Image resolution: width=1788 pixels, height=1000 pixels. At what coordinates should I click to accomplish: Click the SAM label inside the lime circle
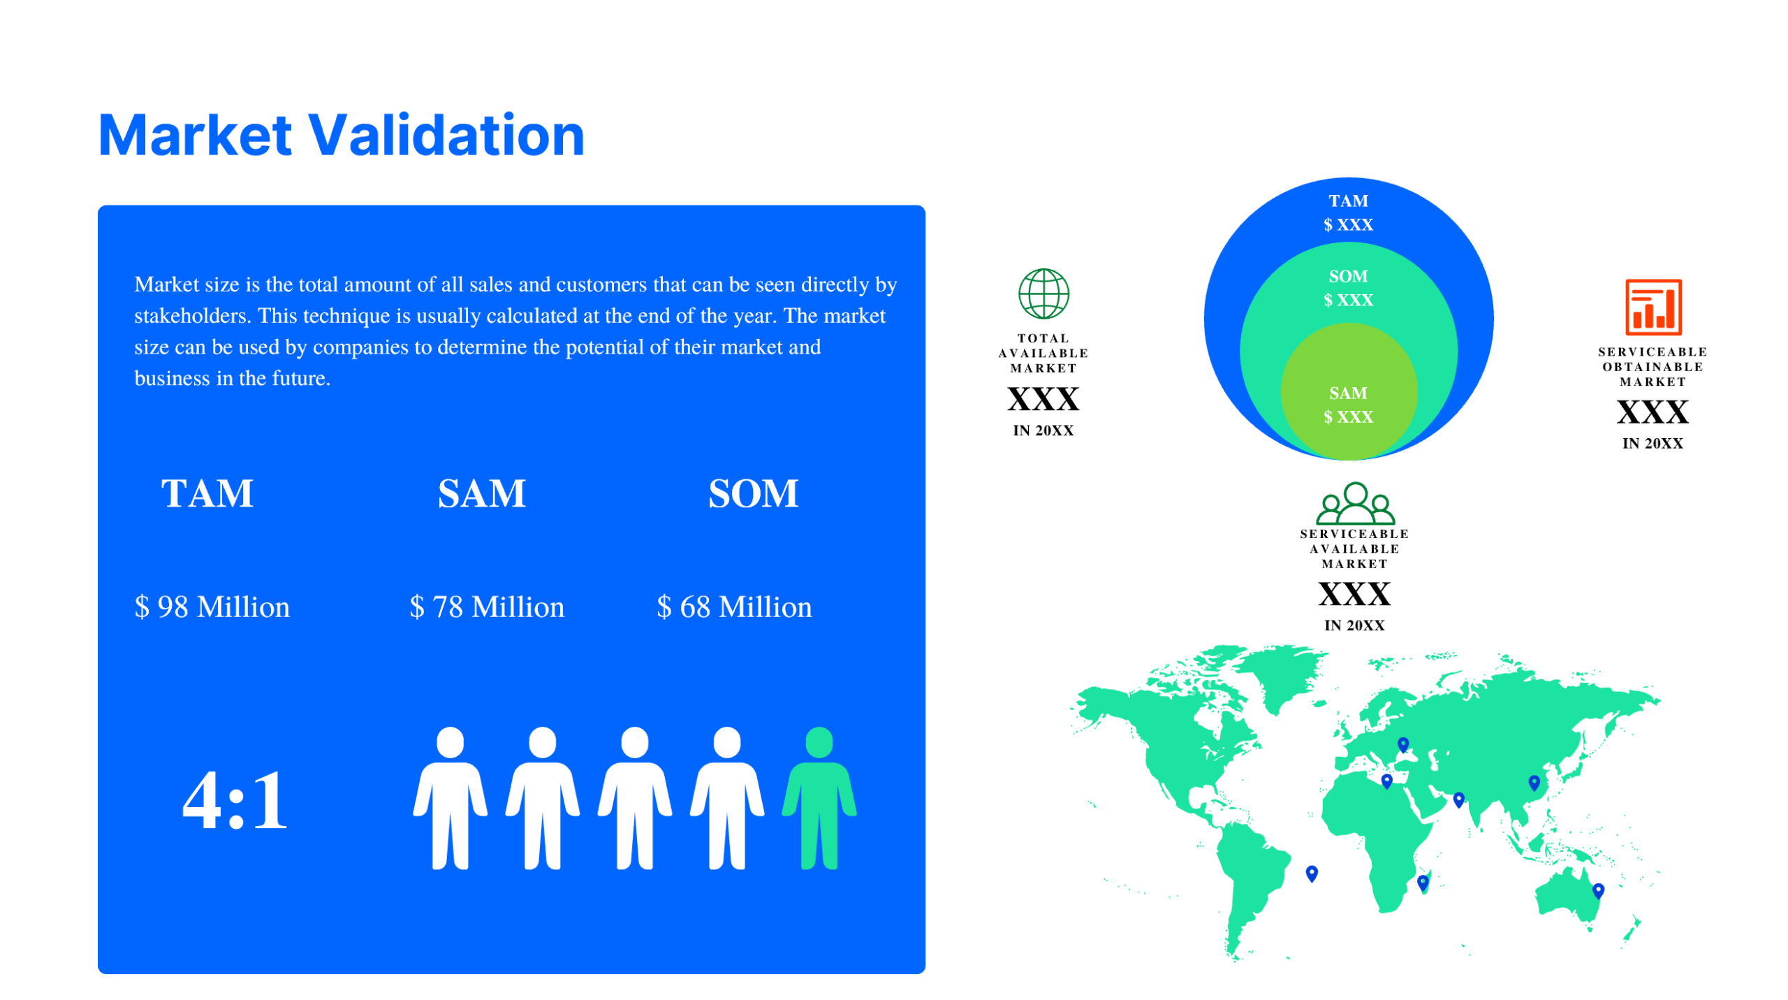pyautogui.click(x=1347, y=393)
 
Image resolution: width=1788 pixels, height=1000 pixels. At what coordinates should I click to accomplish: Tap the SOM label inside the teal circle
pyautogui.click(x=1347, y=276)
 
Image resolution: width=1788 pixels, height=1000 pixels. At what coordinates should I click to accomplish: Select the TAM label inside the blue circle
pyautogui.click(x=1347, y=201)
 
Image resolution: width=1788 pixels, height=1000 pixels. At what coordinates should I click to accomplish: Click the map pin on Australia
pyautogui.click(x=1597, y=890)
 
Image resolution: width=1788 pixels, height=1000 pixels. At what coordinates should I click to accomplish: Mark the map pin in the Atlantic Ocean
pyautogui.click(x=1311, y=873)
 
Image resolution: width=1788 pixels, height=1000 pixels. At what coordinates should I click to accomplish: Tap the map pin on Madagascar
pyautogui.click(x=1422, y=882)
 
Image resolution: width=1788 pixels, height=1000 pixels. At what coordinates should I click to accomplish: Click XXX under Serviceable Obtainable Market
pyautogui.click(x=1652, y=412)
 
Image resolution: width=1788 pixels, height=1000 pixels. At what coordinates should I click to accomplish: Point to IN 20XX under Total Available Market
pyautogui.click(x=1043, y=430)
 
